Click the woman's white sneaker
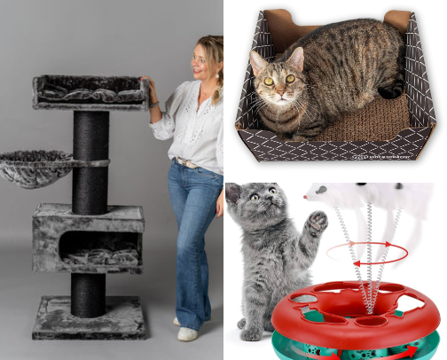pyautogui.click(x=187, y=333)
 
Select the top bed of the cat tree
pyautogui.click(x=89, y=91)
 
